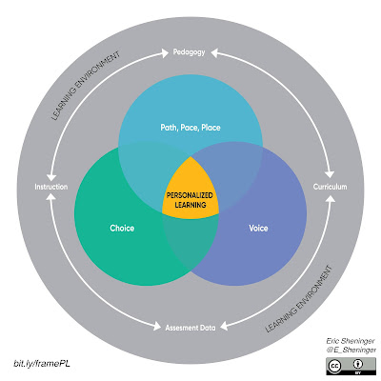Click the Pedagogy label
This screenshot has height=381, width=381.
pos(189,52)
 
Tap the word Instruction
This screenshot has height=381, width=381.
pos(51,187)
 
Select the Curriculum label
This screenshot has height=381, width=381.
pos(330,187)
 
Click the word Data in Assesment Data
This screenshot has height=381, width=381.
pos(208,328)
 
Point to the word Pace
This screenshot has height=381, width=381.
pos(190,128)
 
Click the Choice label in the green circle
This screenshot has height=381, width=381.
pos(122,229)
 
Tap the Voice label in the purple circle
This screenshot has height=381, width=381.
pos(258,229)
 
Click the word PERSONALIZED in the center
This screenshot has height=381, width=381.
pos(190,195)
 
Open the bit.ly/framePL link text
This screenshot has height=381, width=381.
pos(42,363)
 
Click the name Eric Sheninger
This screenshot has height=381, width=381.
pos(351,341)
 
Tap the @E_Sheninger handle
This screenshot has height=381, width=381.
pos(351,351)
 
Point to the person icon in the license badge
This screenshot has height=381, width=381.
pos(359,364)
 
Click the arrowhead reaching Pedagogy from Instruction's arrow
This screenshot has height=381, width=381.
pos(165,53)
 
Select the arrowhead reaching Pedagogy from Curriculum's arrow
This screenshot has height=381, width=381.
pos(214,53)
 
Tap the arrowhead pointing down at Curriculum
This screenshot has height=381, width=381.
pos(331,174)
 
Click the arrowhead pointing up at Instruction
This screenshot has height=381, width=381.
pos(50,197)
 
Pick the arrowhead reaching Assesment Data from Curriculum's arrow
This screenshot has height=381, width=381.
pos(225,327)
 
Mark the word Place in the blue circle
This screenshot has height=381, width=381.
pos(211,128)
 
